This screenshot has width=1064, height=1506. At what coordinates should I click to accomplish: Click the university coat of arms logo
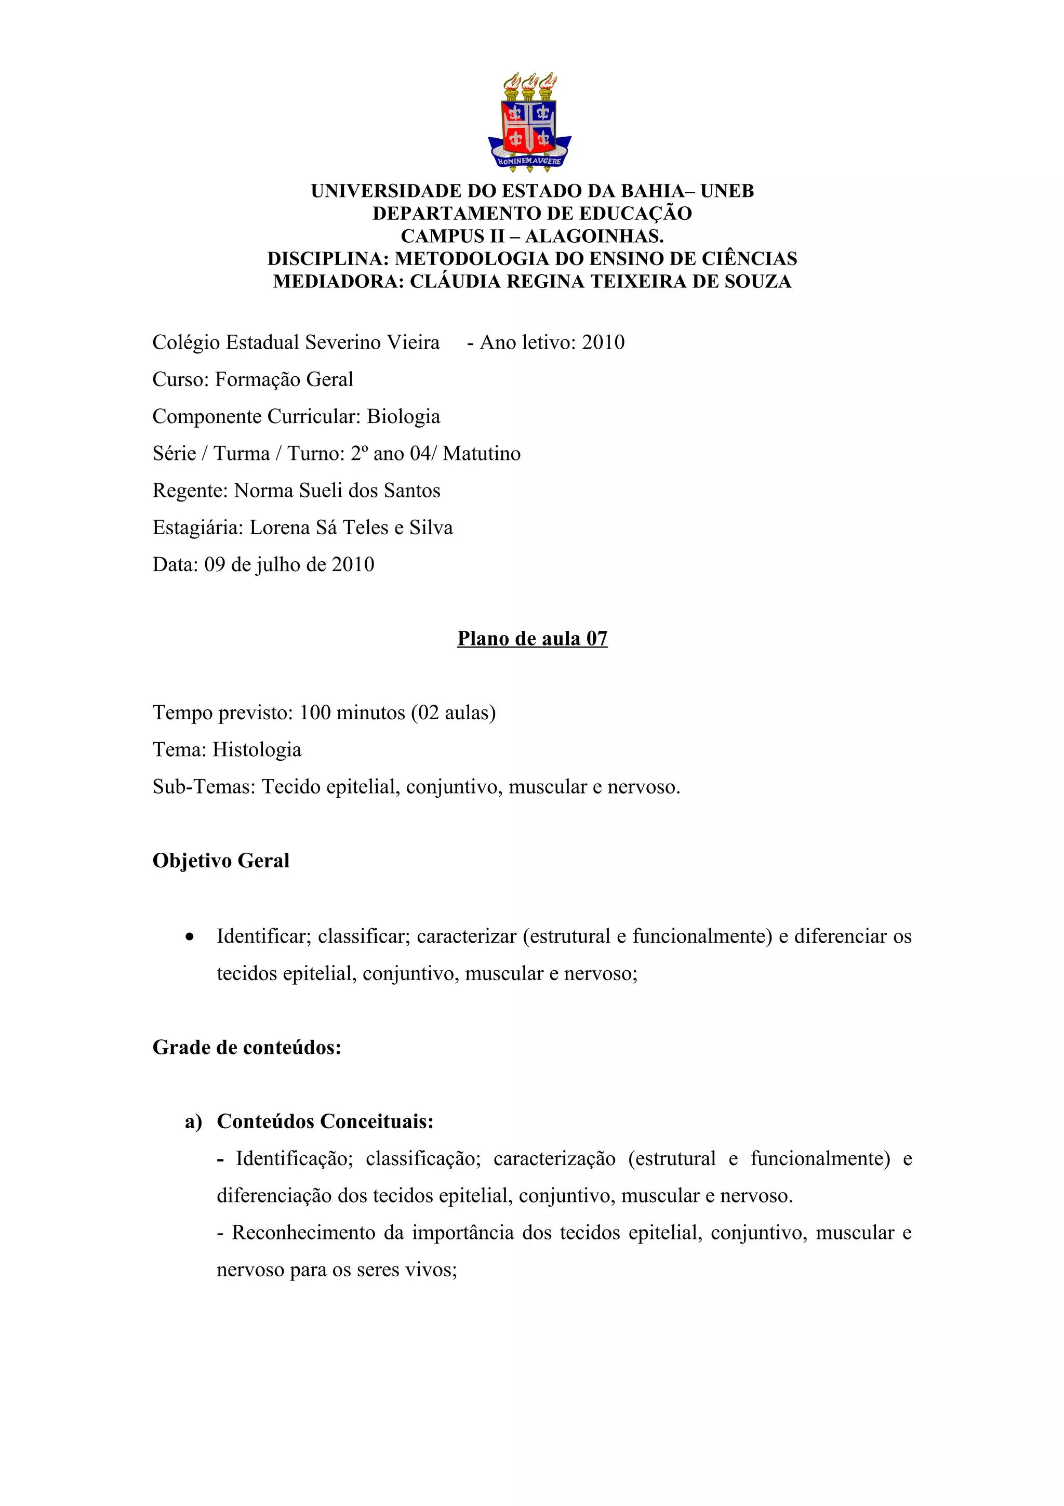[530, 122]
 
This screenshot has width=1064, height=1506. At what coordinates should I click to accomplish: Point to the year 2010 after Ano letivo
[603, 342]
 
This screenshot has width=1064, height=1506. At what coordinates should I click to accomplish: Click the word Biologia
[403, 416]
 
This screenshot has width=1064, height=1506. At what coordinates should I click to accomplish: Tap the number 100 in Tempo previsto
[315, 712]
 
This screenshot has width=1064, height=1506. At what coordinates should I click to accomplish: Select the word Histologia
[257, 750]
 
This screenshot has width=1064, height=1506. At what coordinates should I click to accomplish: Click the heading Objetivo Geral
[221, 861]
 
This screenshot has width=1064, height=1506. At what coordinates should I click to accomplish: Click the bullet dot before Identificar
[190, 937]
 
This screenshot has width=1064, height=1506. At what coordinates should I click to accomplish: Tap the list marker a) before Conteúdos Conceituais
[193, 1121]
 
